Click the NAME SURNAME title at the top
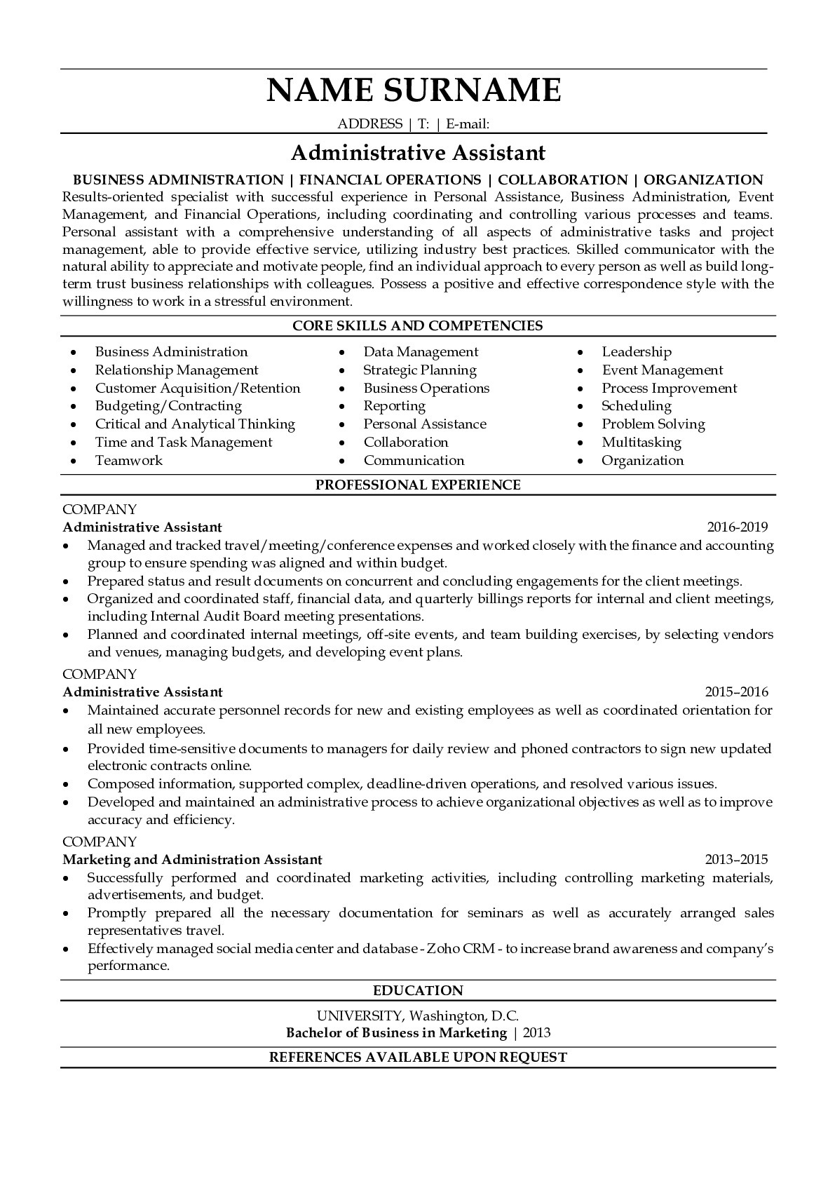click(414, 90)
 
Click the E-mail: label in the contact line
click(467, 124)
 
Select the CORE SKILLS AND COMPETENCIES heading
click(417, 325)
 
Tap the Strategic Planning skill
click(419, 370)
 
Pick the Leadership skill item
click(636, 352)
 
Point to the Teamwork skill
click(128, 461)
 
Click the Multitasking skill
click(641, 443)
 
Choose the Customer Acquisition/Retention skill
click(198, 389)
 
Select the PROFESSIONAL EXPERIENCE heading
click(417, 485)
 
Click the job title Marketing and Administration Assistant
click(192, 859)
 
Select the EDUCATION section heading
click(417, 990)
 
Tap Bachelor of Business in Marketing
click(396, 1032)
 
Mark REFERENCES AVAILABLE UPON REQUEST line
click(417, 1057)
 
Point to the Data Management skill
click(421, 352)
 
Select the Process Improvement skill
click(669, 389)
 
